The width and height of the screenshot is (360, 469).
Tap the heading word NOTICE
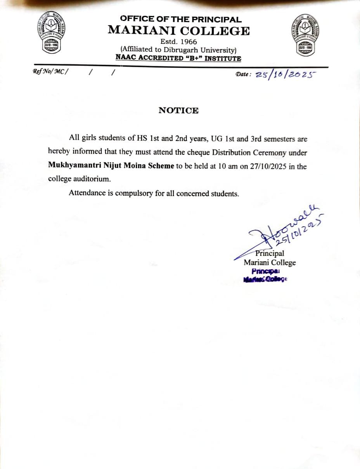(178, 111)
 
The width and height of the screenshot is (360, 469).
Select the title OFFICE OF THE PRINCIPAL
(180, 19)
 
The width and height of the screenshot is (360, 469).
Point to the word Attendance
(88, 193)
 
